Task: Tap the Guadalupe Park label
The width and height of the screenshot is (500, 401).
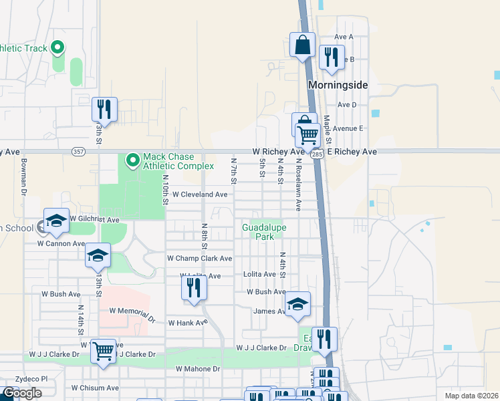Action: pyautogui.click(x=263, y=232)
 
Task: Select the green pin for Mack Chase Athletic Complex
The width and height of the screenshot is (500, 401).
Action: pyautogui.click(x=132, y=159)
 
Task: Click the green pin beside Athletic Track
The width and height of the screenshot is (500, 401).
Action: pyautogui.click(x=57, y=47)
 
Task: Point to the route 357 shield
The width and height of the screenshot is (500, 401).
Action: pyautogui.click(x=78, y=152)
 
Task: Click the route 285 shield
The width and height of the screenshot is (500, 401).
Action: pyautogui.click(x=317, y=154)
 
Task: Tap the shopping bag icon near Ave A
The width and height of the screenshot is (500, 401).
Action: pyautogui.click(x=303, y=45)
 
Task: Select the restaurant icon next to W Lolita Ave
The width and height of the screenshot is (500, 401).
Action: pyautogui.click(x=194, y=288)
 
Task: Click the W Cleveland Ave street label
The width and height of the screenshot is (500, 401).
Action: pyautogui.click(x=200, y=194)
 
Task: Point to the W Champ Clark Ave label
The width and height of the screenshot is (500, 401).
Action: pyautogui.click(x=199, y=258)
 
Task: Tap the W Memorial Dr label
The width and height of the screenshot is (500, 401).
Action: pyautogui.click(x=132, y=311)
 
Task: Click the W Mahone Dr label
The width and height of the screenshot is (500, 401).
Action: pyautogui.click(x=198, y=369)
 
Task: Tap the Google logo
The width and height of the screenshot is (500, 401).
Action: pyautogui.click(x=22, y=393)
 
